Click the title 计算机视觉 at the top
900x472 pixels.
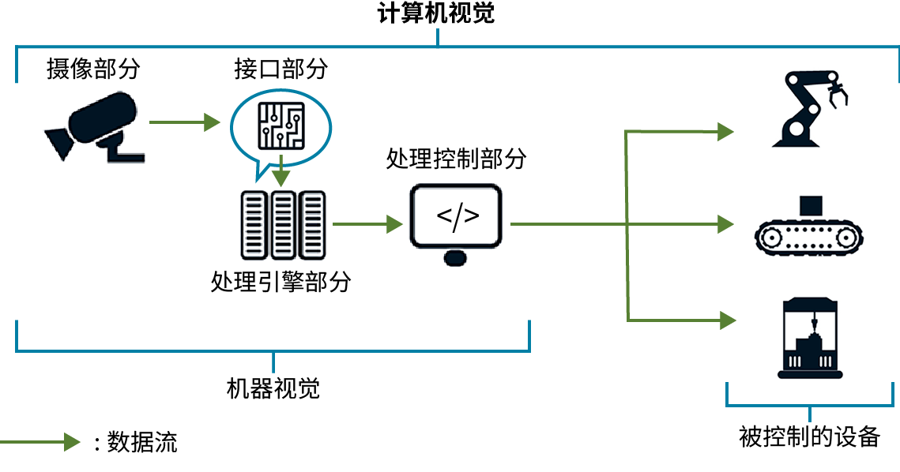[435, 13]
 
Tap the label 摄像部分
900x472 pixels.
[93, 69]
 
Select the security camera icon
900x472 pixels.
[96, 126]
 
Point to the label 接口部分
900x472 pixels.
[281, 69]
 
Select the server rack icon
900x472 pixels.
[283, 225]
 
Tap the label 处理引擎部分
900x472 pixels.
[281, 282]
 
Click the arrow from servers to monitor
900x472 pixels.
[368, 224]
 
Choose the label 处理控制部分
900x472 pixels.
[456, 159]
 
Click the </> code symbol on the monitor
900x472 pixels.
[458, 216]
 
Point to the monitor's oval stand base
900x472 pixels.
[455, 258]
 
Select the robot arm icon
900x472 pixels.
[809, 108]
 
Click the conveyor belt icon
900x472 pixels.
[809, 237]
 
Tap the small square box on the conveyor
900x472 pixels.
[811, 206]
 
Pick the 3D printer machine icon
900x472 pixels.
[810, 338]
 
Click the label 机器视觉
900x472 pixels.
[273, 389]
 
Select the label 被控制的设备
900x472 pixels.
[809, 437]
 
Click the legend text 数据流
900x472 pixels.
[142, 442]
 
